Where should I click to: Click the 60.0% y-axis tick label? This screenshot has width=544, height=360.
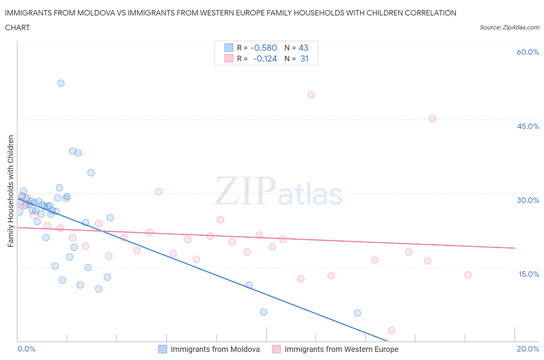[528, 52]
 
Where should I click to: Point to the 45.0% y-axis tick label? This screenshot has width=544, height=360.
[528, 126]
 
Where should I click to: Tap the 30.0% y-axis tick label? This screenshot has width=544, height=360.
[528, 200]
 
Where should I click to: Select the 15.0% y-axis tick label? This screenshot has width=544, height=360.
[528, 274]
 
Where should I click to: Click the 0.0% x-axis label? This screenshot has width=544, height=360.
[27, 349]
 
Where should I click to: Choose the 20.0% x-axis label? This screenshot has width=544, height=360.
[528, 349]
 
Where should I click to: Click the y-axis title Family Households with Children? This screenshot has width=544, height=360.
[10, 191]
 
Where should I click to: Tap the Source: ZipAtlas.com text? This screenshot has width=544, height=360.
[509, 27]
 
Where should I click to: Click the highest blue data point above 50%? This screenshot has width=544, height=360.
[61, 83]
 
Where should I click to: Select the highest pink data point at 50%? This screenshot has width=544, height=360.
[311, 95]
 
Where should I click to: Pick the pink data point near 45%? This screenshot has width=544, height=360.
[432, 118]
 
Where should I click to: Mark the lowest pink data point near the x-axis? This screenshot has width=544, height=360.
[392, 330]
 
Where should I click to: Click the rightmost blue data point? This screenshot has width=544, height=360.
[357, 313]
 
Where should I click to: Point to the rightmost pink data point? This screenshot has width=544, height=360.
[468, 275]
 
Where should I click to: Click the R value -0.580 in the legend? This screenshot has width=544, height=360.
[263, 48]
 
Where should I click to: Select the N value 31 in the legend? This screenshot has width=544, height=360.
[304, 58]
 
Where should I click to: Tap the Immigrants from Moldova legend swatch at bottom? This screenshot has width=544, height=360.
[163, 349]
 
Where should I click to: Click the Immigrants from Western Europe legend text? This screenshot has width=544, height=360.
[341, 349]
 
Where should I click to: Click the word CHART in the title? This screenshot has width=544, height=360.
[17, 27]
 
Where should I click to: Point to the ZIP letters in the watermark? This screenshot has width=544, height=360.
[245, 191]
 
